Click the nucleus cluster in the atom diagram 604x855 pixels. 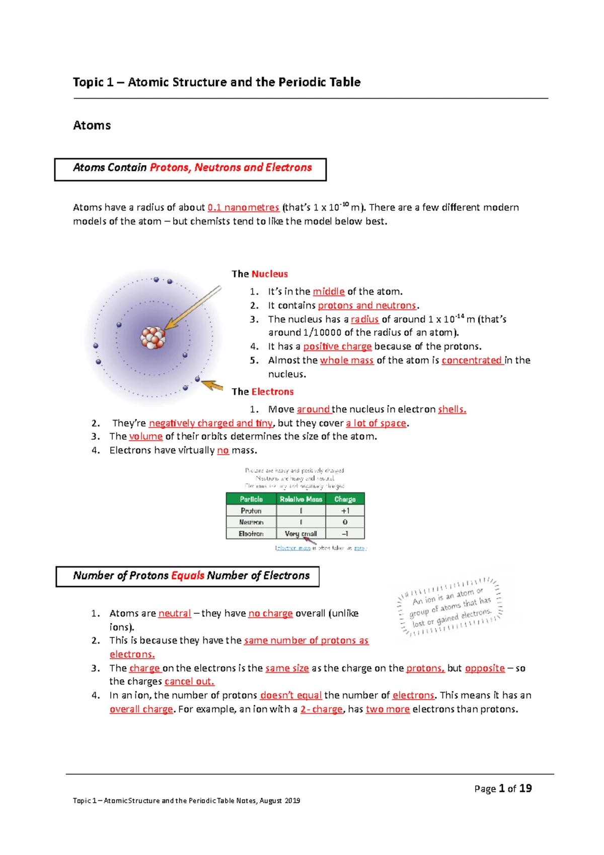click(x=153, y=337)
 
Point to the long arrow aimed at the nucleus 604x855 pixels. click(x=194, y=308)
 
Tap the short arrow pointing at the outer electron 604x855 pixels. click(x=212, y=386)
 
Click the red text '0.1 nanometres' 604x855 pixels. click(x=243, y=207)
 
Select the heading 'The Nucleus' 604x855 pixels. click(x=260, y=274)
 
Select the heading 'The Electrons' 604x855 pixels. click(x=262, y=392)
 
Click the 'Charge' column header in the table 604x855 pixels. click(x=345, y=499)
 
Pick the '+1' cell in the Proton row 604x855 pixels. click(x=345, y=511)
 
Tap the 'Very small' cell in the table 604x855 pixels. click(x=300, y=534)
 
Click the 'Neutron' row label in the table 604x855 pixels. click(x=251, y=522)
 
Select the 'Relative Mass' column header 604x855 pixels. click(x=300, y=499)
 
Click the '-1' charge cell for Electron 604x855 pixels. click(x=345, y=534)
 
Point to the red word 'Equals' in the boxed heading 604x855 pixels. click(x=188, y=576)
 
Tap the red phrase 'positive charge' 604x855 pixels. click(x=337, y=346)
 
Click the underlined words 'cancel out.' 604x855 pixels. click(x=189, y=682)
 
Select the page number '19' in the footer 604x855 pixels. click(x=525, y=789)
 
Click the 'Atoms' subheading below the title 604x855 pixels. click(x=92, y=125)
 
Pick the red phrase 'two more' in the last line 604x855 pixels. click(x=388, y=709)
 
